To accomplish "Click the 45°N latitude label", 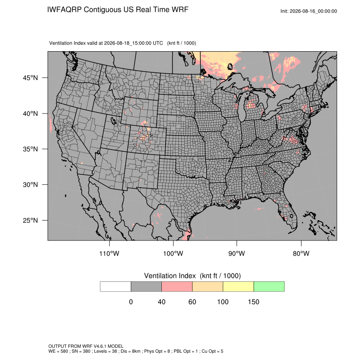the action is click(30, 78).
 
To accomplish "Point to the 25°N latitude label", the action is click(30, 220).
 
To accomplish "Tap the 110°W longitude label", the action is click(109, 253).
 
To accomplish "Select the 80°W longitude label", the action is click(301, 253).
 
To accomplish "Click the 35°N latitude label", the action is click(30, 149).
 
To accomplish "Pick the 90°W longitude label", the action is click(236, 253).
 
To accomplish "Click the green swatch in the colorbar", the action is click(269, 287).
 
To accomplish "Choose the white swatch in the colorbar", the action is click(116, 287).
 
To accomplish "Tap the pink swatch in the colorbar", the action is click(177, 287).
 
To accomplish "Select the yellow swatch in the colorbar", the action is click(238, 287).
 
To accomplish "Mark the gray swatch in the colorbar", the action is click(146, 287).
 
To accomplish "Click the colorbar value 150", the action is click(253, 302).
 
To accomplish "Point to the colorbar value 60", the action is click(192, 302).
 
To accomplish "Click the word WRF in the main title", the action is click(180, 10).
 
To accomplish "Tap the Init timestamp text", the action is click(309, 11).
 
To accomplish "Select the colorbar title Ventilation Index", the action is click(170, 276).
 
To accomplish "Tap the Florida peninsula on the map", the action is click(289, 213).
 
